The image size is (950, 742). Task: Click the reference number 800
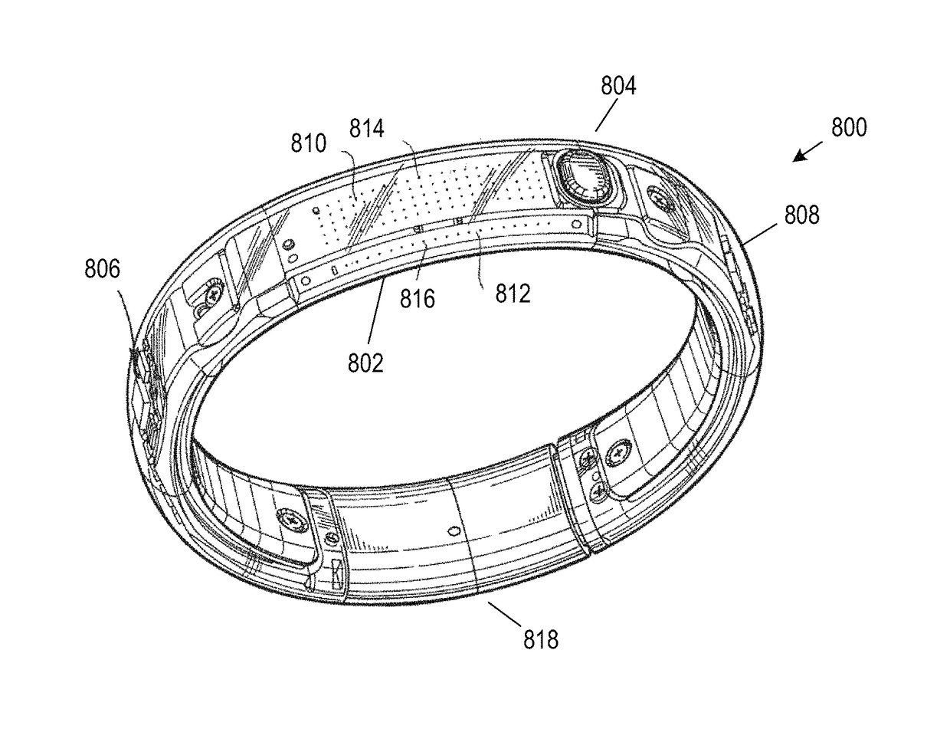point(849,127)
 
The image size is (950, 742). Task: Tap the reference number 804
point(617,87)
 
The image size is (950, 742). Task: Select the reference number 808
point(801,215)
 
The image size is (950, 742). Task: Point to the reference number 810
point(307,143)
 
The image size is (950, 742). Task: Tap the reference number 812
point(513,293)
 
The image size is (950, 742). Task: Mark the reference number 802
point(365,362)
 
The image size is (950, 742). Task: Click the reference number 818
point(541,639)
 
